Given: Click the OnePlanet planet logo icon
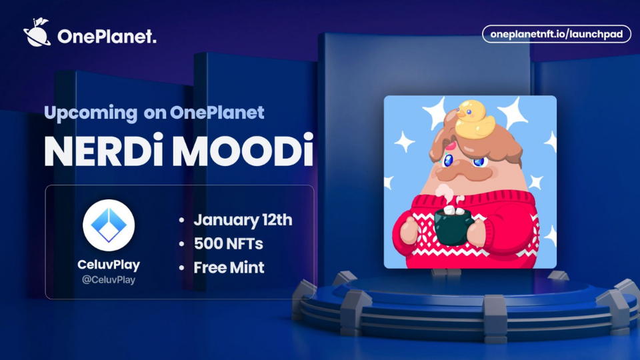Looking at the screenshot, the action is (37, 32).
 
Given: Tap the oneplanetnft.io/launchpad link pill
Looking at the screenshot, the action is (556, 34).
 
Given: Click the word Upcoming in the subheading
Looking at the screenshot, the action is (91, 113).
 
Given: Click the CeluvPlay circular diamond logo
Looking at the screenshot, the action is (109, 225).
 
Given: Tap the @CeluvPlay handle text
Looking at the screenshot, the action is (109, 280).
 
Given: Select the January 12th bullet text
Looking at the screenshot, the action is (243, 220).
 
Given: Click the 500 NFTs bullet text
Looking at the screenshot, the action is (228, 244).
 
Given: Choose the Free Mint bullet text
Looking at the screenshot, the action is (229, 268).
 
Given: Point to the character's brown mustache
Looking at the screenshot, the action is (463, 172).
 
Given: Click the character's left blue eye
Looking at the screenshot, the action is (448, 160).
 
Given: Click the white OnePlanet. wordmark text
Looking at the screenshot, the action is (107, 37).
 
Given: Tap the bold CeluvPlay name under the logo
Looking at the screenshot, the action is (109, 265).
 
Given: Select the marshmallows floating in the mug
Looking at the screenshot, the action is (453, 211).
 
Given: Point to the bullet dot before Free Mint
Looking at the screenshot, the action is (182, 268).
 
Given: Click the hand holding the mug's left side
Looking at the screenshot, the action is (409, 229).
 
